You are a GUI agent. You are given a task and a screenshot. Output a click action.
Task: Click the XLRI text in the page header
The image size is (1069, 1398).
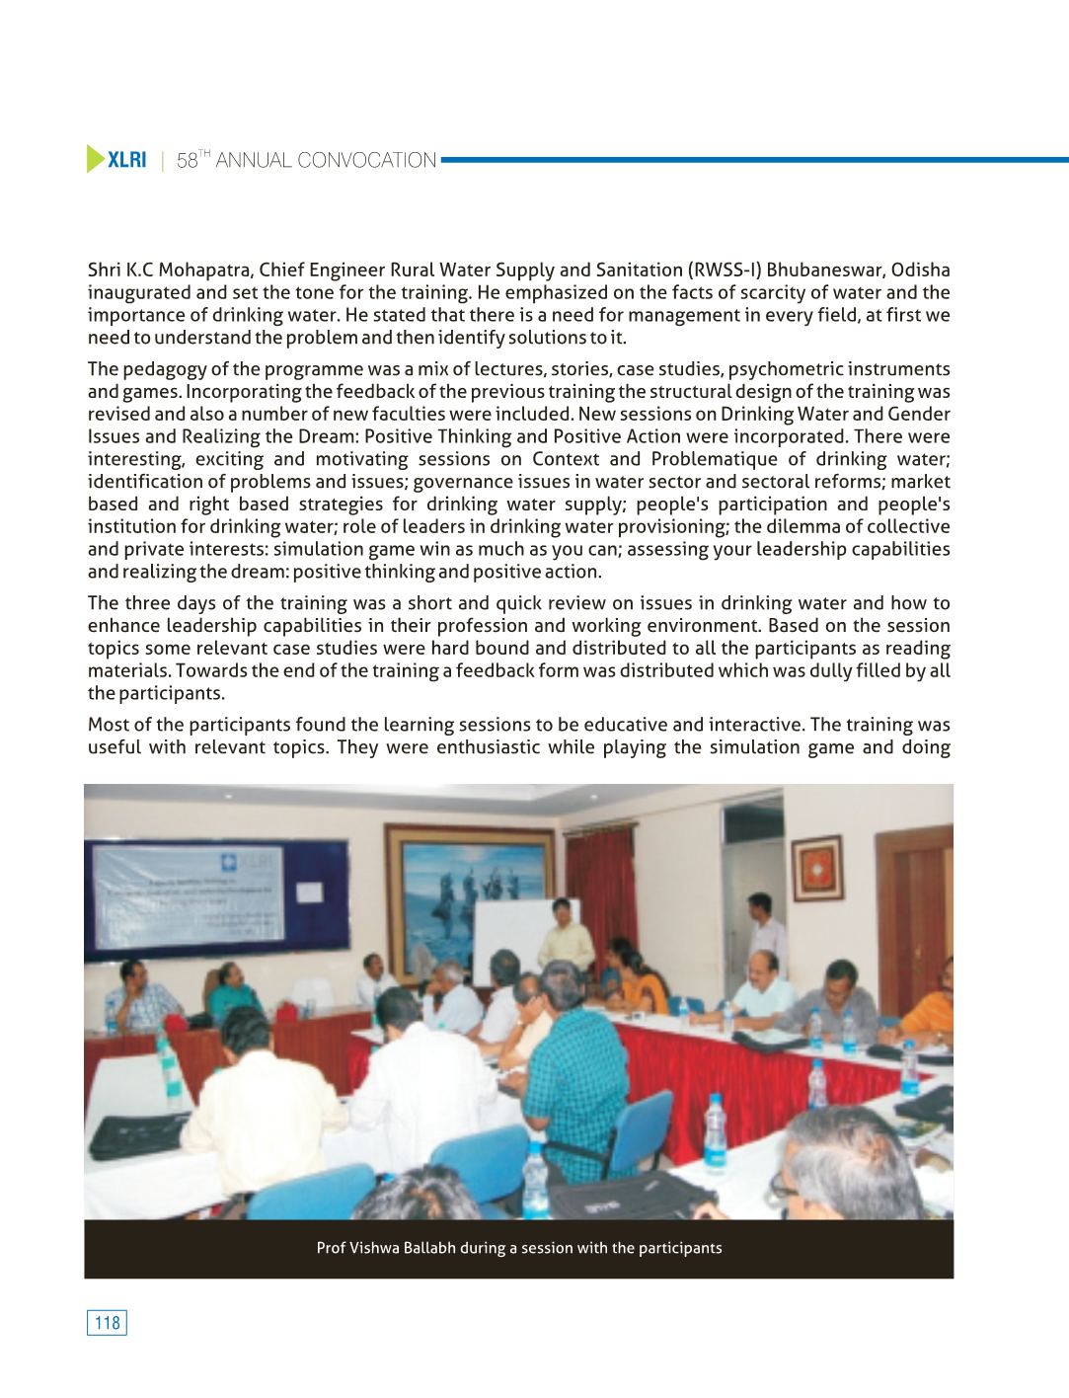[x=127, y=160]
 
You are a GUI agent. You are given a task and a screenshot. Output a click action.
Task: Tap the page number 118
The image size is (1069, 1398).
[x=108, y=1323]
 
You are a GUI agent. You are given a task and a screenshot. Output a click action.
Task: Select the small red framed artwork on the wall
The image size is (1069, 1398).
[x=817, y=868]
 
